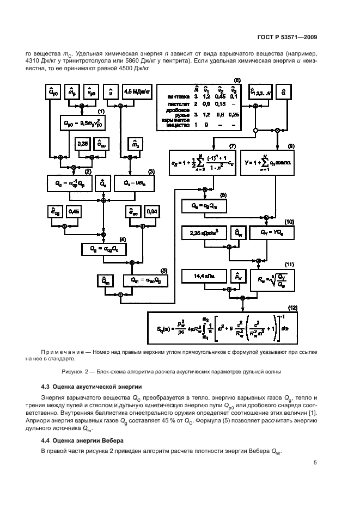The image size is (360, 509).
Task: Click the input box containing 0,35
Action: [83, 145]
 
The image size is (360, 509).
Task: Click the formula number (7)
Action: [233, 147]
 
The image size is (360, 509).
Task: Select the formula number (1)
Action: [101, 112]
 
